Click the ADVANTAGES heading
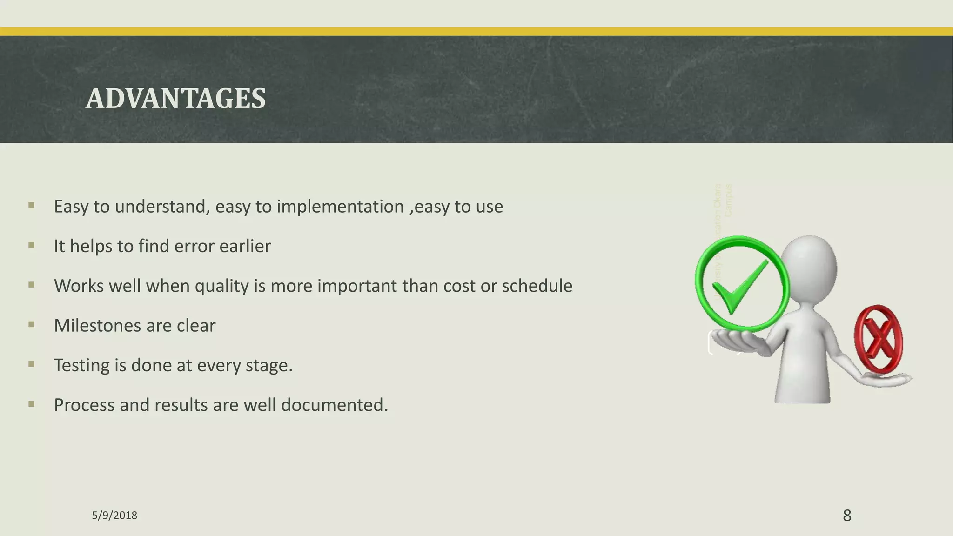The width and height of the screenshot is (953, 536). pyautogui.click(x=175, y=99)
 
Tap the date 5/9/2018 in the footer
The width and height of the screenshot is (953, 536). pyautogui.click(x=114, y=516)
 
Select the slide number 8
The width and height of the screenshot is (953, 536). pyautogui.click(x=847, y=516)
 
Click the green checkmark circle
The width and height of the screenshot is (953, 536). pyautogui.click(x=742, y=284)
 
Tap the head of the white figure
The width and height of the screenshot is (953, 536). pyautogui.click(x=810, y=265)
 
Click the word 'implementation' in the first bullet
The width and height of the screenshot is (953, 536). pyautogui.click(x=340, y=207)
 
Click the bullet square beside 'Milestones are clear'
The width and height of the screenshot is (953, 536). pyautogui.click(x=32, y=324)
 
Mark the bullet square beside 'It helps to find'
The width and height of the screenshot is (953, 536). pyautogui.click(x=32, y=245)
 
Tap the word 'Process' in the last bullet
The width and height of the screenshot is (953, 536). pyautogui.click(x=84, y=405)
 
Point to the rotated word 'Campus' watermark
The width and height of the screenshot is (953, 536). pyautogui.click(x=728, y=200)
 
